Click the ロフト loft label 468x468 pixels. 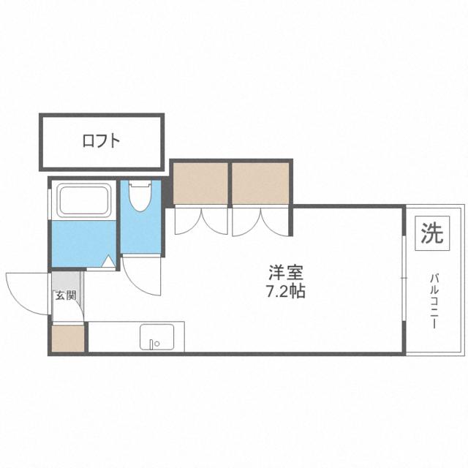101,141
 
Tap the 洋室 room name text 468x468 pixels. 286,272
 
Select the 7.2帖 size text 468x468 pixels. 286,291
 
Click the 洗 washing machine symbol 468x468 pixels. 432,233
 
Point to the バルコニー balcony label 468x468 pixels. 434,301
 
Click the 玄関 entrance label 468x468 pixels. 66,295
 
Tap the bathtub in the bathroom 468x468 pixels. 84,200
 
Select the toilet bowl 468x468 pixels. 140,197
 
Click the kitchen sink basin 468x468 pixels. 157,337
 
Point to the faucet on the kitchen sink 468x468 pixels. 153,344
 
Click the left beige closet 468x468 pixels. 200,184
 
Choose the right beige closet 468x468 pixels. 260,184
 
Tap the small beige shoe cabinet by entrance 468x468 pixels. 68,339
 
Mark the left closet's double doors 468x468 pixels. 201,221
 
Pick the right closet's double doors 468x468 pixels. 260,221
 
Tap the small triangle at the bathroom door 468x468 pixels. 108,261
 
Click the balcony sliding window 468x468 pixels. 404,278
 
